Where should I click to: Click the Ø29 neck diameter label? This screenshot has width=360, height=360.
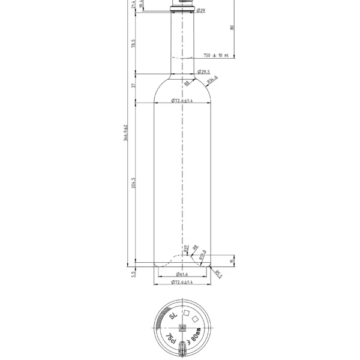202,11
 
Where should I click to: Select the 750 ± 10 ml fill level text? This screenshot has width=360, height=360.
216,55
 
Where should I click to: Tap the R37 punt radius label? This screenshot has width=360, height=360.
187,247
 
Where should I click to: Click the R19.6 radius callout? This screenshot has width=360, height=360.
203,253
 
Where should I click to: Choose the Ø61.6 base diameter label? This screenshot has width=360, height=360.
182,274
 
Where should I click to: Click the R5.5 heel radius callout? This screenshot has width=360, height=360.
218,274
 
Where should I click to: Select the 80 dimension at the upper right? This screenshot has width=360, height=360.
232,27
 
